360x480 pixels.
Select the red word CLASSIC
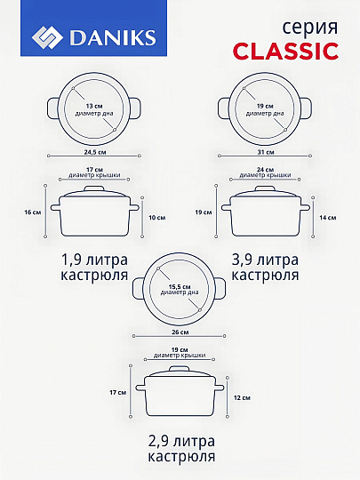(284, 51)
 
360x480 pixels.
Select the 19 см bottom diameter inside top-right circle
(265, 106)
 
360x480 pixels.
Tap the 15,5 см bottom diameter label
(180, 287)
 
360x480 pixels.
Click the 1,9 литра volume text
(95, 260)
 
